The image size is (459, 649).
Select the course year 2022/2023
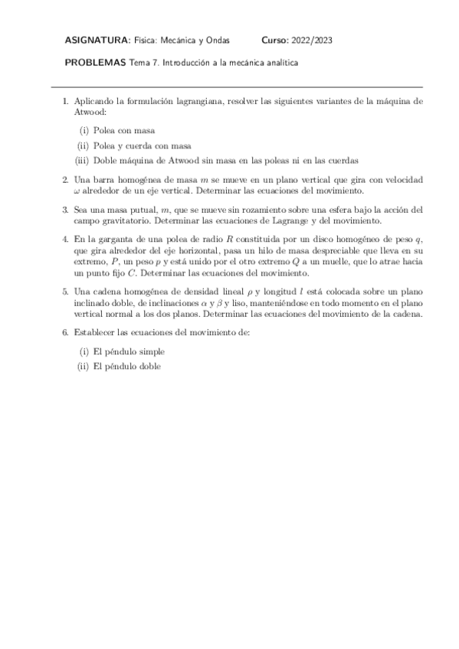pos(313,41)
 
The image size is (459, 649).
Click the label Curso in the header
pos(274,41)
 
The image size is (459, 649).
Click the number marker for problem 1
pos(65,100)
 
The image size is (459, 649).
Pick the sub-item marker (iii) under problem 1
pos(83,160)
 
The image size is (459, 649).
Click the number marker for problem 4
pos(65,240)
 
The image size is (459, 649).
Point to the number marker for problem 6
pos(65,333)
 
